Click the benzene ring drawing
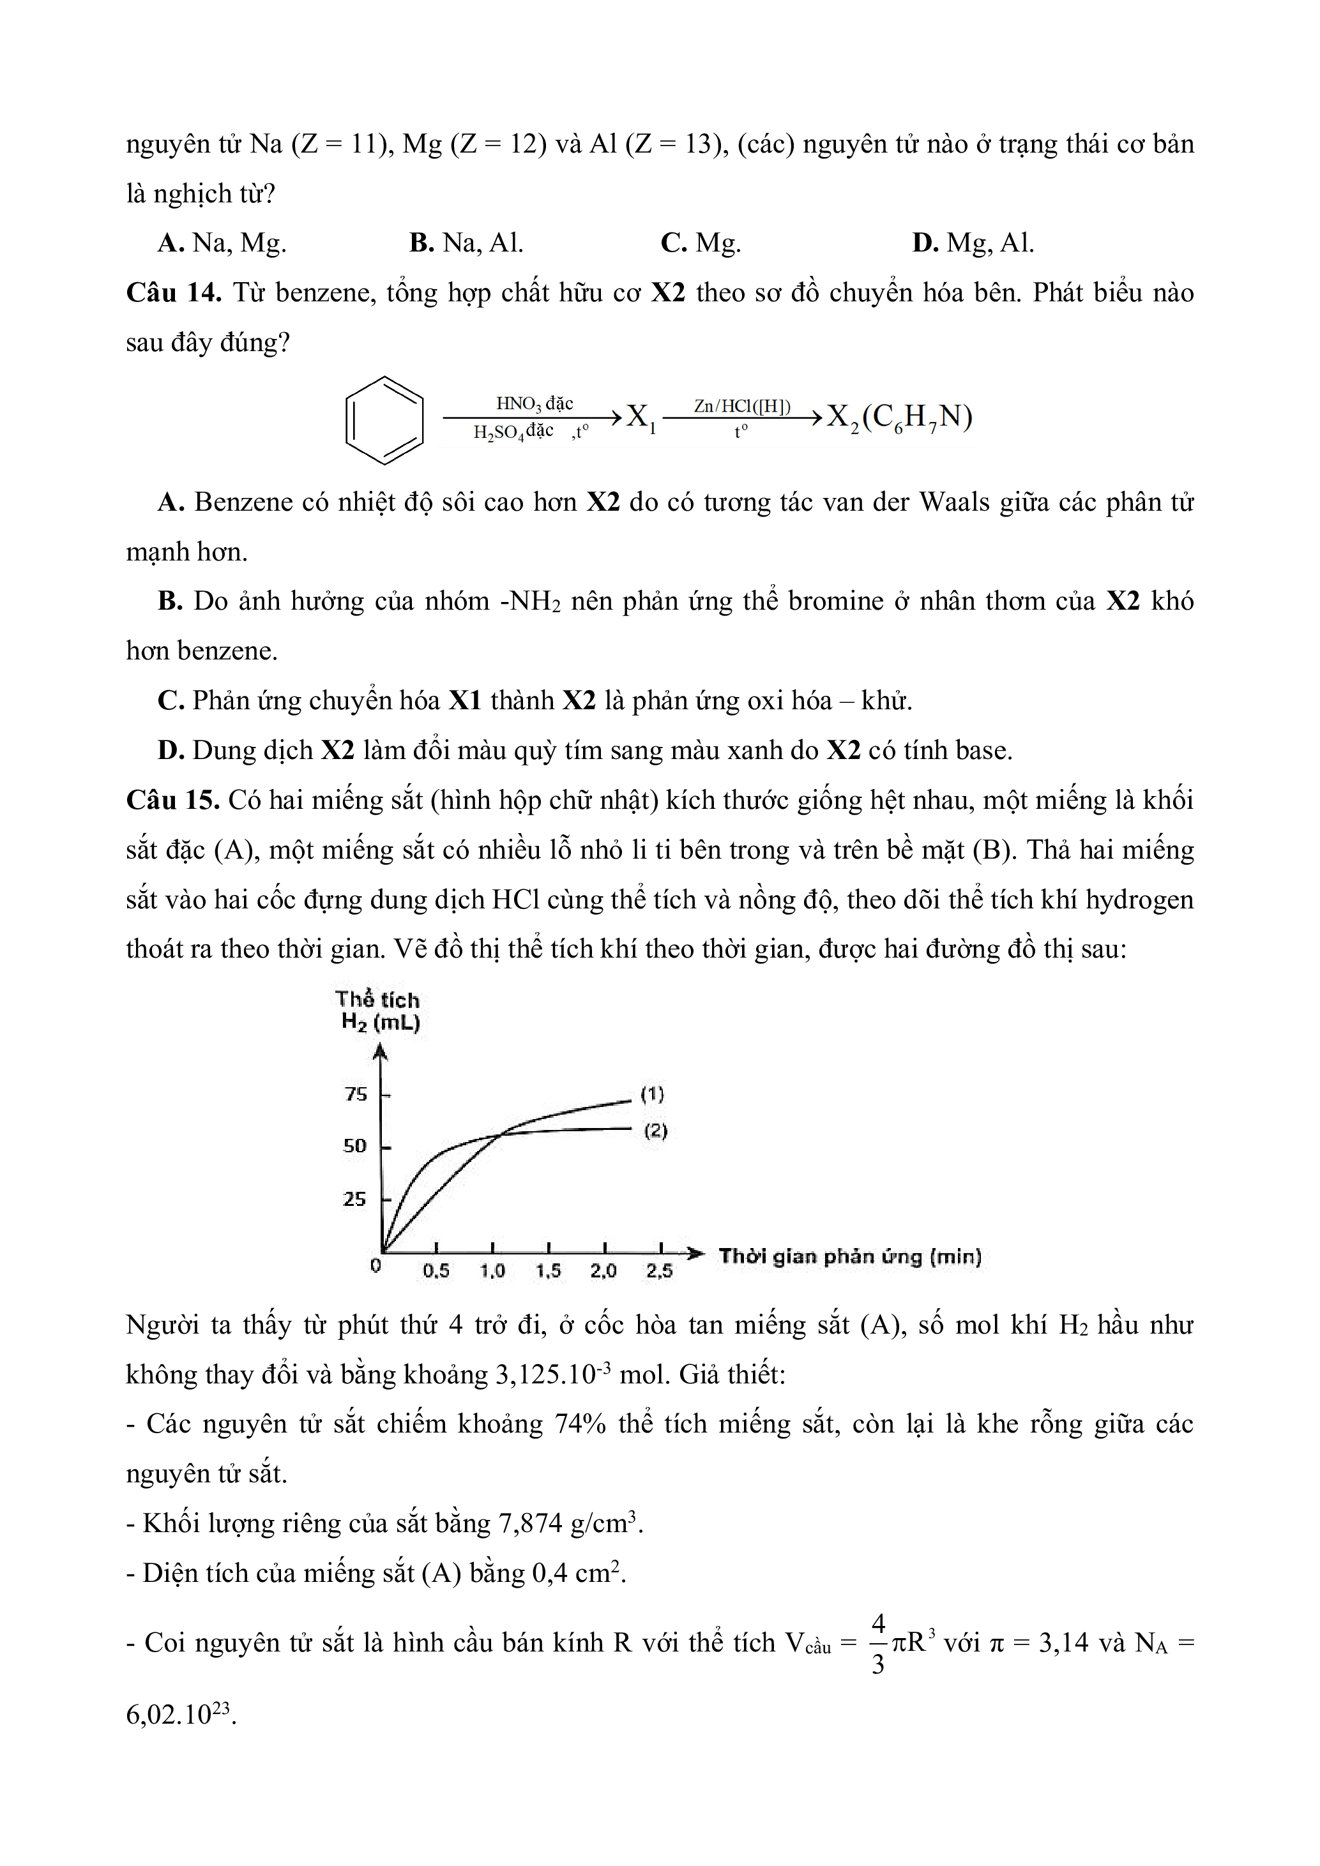(384, 420)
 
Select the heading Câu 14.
(173, 292)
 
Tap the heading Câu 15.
(172, 800)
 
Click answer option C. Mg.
(701, 243)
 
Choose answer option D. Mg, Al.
(973, 243)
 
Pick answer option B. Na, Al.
(467, 243)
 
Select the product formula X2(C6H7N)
(899, 418)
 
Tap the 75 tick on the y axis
(356, 1094)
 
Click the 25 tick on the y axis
(354, 1200)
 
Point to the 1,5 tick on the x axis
(549, 1271)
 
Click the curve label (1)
(653, 1094)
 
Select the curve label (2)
(655, 1131)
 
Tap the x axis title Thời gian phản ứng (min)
(849, 1256)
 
